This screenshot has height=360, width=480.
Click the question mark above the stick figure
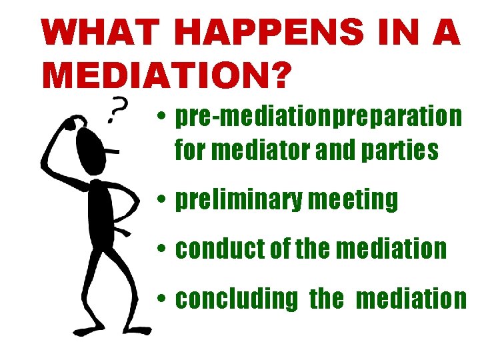119,109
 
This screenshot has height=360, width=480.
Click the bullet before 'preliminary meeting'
162,200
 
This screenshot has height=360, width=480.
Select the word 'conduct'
217,249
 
